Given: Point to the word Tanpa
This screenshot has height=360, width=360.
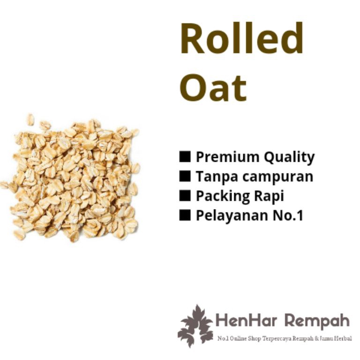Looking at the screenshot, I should coord(213,177).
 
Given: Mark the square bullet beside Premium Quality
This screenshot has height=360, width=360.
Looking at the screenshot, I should coord(185,157).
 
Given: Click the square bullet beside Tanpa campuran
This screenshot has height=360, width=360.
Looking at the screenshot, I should coord(185,176).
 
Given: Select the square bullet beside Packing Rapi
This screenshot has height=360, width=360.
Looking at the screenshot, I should coord(185,195).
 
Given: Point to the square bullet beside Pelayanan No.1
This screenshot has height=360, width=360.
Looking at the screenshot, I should coord(185,215).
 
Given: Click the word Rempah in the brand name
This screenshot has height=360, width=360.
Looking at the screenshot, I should coord(317,322).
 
